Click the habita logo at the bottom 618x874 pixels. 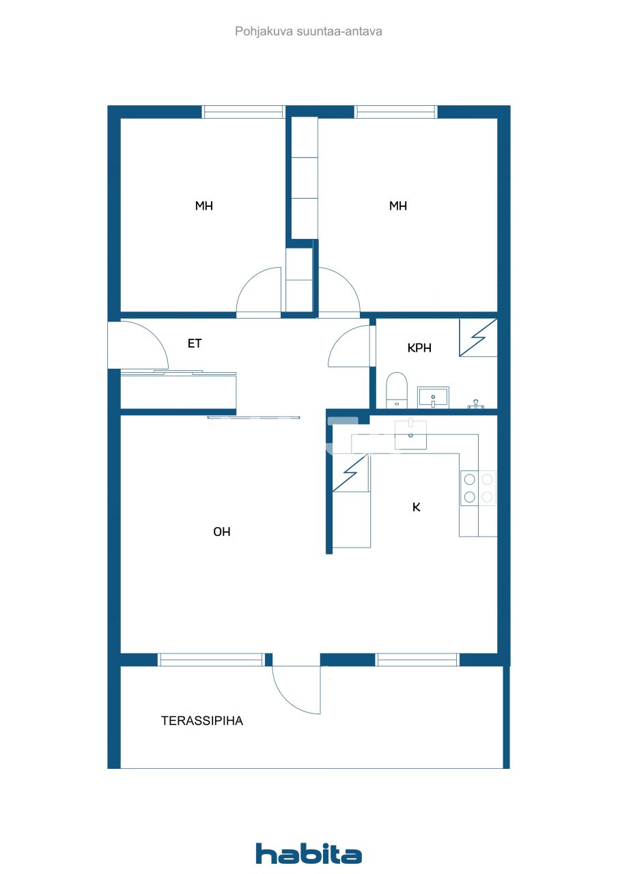[x=309, y=854]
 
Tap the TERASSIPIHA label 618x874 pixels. [x=202, y=720]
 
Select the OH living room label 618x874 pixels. [x=222, y=532]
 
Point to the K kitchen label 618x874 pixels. [x=416, y=507]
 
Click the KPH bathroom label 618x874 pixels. [x=419, y=348]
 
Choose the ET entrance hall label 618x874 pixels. [x=195, y=343]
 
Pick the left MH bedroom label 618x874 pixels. [x=203, y=206]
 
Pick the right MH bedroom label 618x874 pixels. [x=398, y=206]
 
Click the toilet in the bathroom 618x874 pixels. [x=396, y=389]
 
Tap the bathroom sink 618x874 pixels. [x=433, y=397]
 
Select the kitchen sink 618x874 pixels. [x=410, y=436]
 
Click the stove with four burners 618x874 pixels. [x=477, y=488]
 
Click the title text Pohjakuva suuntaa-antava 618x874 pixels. [x=309, y=31]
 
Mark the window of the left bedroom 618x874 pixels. [x=243, y=112]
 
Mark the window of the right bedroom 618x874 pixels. [x=395, y=112]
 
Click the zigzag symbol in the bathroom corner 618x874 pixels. [x=478, y=337]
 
